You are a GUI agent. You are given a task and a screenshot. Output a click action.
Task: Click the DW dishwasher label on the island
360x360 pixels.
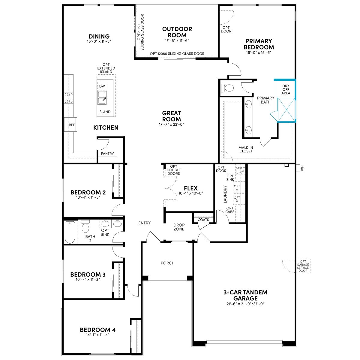[102, 86]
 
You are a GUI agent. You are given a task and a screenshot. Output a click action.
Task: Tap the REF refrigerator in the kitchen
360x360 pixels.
[70, 124]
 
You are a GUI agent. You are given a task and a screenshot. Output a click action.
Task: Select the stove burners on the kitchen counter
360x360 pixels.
[69, 98]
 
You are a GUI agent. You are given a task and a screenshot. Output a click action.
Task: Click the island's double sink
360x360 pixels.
[102, 98]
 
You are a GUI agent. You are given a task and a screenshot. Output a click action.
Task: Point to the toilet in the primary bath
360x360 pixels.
[227, 88]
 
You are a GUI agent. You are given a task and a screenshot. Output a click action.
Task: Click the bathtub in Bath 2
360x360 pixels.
[70, 232]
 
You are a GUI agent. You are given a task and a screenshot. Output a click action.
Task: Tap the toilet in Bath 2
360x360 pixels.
[85, 226]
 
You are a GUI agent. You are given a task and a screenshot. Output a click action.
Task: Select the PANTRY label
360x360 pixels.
[107, 154]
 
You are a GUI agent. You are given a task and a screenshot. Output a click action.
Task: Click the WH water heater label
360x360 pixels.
[302, 168]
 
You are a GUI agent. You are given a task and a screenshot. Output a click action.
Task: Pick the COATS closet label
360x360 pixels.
[203, 220]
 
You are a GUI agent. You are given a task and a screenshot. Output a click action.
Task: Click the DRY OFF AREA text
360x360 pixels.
[286, 89]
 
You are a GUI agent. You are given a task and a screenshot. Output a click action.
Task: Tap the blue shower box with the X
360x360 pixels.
[286, 110]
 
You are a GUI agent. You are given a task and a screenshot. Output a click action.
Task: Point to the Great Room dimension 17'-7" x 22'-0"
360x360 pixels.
[172, 124]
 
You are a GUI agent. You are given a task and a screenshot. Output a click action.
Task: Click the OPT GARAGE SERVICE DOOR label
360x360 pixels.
[303, 266]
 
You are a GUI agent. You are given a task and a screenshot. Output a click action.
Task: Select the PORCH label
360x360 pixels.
[168, 263]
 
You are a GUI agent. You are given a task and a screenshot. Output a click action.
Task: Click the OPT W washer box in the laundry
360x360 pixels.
[237, 187]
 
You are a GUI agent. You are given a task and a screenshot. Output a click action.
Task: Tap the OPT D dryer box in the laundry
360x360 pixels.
[237, 199]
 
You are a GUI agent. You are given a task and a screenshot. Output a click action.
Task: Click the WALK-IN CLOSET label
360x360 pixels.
[246, 149]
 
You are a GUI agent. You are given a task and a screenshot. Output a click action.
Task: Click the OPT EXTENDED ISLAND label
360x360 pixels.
[106, 68]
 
